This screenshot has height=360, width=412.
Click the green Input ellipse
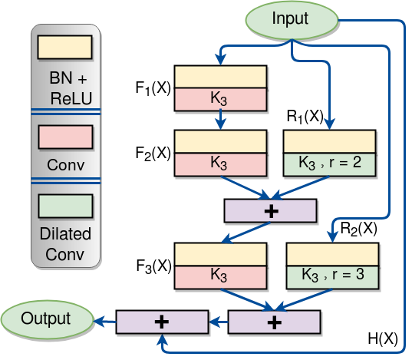click(290, 18)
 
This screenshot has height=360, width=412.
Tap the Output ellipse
click(45, 319)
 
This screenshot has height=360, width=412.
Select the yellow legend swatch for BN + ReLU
click(64, 48)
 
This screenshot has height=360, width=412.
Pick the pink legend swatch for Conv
click(64, 137)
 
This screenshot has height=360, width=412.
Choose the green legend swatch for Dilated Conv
click(64, 206)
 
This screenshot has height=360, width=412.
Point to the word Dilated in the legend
click(65, 233)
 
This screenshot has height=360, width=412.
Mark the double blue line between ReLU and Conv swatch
click(65, 114)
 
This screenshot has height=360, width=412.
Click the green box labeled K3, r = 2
click(329, 163)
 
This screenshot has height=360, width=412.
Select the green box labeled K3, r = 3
click(332, 276)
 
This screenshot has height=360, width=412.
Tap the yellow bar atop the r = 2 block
click(329, 142)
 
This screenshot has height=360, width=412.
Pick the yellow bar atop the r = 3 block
click(332, 255)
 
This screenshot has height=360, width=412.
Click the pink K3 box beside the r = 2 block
click(220, 163)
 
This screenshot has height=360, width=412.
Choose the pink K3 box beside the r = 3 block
click(220, 276)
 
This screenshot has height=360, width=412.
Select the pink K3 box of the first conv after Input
click(220, 100)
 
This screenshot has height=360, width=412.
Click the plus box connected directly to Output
click(162, 322)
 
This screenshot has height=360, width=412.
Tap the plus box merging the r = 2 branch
click(270, 210)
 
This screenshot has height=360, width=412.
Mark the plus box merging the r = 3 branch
click(274, 322)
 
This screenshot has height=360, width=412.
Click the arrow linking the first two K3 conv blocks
click(220, 120)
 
